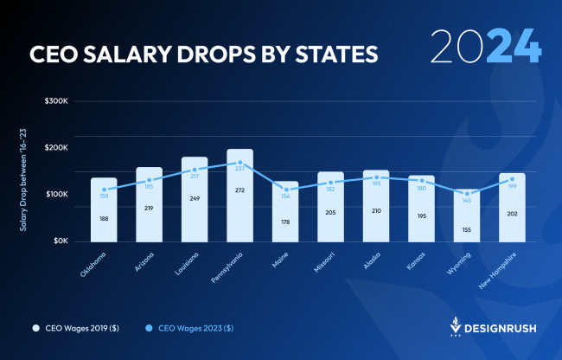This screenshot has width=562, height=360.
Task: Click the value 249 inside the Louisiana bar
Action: pyautogui.click(x=195, y=198)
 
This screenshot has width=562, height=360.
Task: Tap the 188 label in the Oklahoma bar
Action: pyautogui.click(x=104, y=219)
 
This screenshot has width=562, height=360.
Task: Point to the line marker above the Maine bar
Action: pyautogui.click(x=285, y=190)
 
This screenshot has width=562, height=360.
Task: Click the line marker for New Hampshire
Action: pyautogui.click(x=512, y=179)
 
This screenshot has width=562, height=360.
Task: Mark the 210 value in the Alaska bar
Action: pyautogui.click(x=376, y=209)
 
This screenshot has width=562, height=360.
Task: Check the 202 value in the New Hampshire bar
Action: pyautogui.click(x=512, y=215)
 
